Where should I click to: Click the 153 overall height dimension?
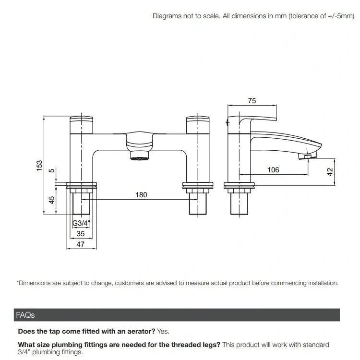[40, 165]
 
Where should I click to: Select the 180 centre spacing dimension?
[141, 195]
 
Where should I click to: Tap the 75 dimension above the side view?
[252, 101]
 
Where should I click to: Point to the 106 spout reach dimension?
[273, 170]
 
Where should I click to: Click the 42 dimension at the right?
[330, 172]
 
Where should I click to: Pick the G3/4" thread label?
[81, 223]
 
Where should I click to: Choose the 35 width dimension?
[81, 234]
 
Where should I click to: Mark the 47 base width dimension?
[81, 244]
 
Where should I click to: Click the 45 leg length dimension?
[52, 199]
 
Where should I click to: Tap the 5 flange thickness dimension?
[52, 171]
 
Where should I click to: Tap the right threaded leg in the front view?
[198, 204]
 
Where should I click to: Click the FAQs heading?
[25, 315]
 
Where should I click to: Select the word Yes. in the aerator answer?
[163, 331]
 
